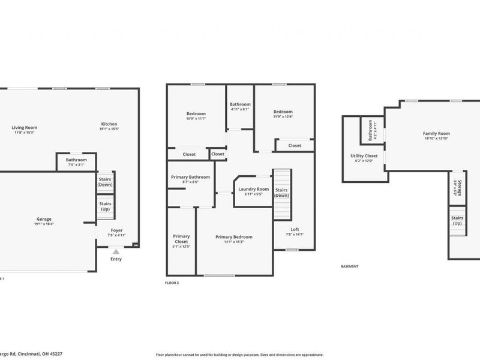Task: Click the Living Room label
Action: click(x=25, y=127)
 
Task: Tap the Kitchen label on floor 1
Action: click(x=109, y=124)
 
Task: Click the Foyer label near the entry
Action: click(x=116, y=230)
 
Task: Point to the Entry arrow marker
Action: click(x=116, y=253)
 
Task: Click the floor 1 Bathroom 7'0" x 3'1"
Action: click(x=76, y=160)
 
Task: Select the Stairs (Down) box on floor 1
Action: click(x=105, y=181)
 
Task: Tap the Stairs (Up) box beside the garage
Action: click(x=105, y=206)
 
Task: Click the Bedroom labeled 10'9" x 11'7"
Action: click(x=196, y=114)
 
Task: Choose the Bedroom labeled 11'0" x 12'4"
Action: click(x=283, y=112)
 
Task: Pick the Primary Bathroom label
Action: click(x=191, y=177)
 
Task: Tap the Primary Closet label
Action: click(x=181, y=239)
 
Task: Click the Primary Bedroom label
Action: click(x=234, y=237)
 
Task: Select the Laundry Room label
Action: click(x=253, y=190)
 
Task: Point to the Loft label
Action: click(x=295, y=229)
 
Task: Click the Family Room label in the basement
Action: click(x=436, y=134)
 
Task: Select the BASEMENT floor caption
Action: click(x=349, y=266)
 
